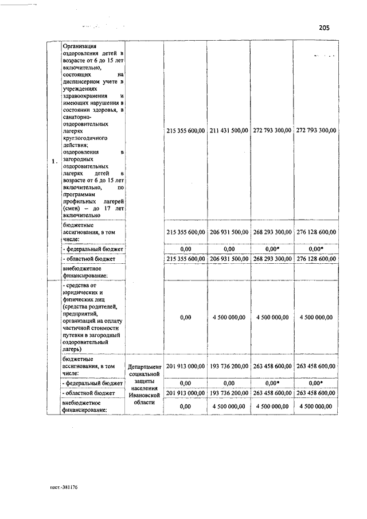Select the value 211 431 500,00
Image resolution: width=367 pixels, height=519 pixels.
click(x=228, y=131)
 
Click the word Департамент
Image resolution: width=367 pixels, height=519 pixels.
click(x=146, y=366)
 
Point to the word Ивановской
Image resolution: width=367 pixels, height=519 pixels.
click(x=146, y=395)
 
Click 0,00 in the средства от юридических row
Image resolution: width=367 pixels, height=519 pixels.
click(x=185, y=317)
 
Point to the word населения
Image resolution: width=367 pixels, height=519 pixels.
click(x=146, y=388)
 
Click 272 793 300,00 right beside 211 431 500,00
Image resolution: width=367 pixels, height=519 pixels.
click(x=272, y=131)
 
